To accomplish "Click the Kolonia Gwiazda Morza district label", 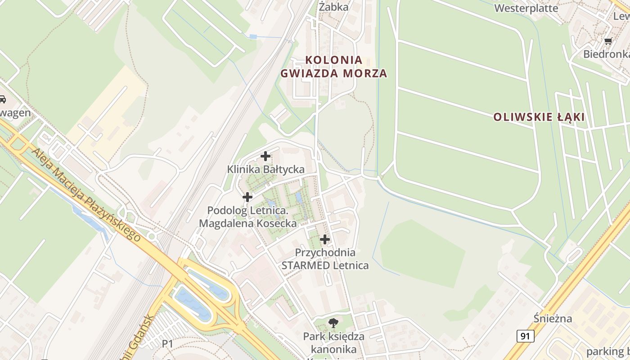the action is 333,67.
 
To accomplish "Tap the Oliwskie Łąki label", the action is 539,117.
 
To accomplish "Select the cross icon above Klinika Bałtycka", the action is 265,156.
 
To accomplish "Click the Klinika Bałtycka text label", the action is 265,170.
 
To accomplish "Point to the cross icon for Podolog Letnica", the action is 247,197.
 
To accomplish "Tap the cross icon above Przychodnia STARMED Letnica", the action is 324,239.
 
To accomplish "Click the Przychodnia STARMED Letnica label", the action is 325,259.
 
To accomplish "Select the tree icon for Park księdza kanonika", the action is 333,322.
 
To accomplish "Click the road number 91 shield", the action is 526,336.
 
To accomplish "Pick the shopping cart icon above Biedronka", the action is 608,41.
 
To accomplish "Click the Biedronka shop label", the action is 606,54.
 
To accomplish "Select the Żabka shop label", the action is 333,7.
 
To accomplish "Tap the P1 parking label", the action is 167,344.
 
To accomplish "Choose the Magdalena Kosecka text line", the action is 248,223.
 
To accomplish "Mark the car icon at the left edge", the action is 2,99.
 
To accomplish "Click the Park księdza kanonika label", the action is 333,342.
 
